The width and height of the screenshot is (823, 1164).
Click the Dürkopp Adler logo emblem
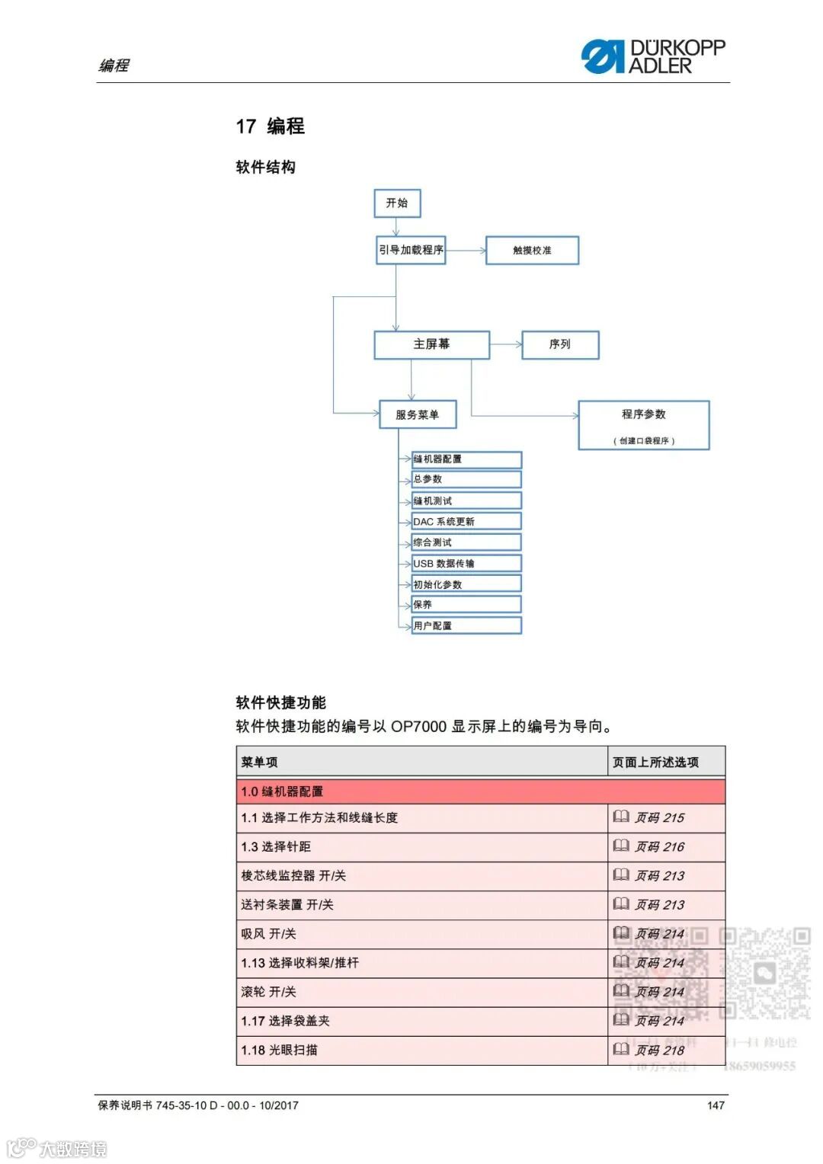point(602,56)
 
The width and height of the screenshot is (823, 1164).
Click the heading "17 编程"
point(270,126)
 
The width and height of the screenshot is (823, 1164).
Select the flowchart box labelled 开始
point(397,203)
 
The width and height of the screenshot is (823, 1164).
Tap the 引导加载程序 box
point(411,250)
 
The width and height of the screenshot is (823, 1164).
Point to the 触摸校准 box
point(532,251)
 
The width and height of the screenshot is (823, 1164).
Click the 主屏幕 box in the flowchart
point(431,344)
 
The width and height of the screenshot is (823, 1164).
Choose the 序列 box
point(559,344)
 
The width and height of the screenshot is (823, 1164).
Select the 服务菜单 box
point(418,414)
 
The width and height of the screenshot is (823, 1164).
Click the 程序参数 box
point(643,424)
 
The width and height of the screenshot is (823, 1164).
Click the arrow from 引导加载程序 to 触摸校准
point(466,251)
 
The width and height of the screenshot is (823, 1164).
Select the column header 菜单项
point(260,762)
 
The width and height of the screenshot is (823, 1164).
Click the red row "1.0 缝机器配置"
point(480,791)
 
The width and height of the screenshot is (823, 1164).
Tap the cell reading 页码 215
point(659,818)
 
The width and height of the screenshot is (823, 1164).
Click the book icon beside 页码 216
point(621,846)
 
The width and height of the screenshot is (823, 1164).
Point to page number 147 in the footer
point(716,1105)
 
